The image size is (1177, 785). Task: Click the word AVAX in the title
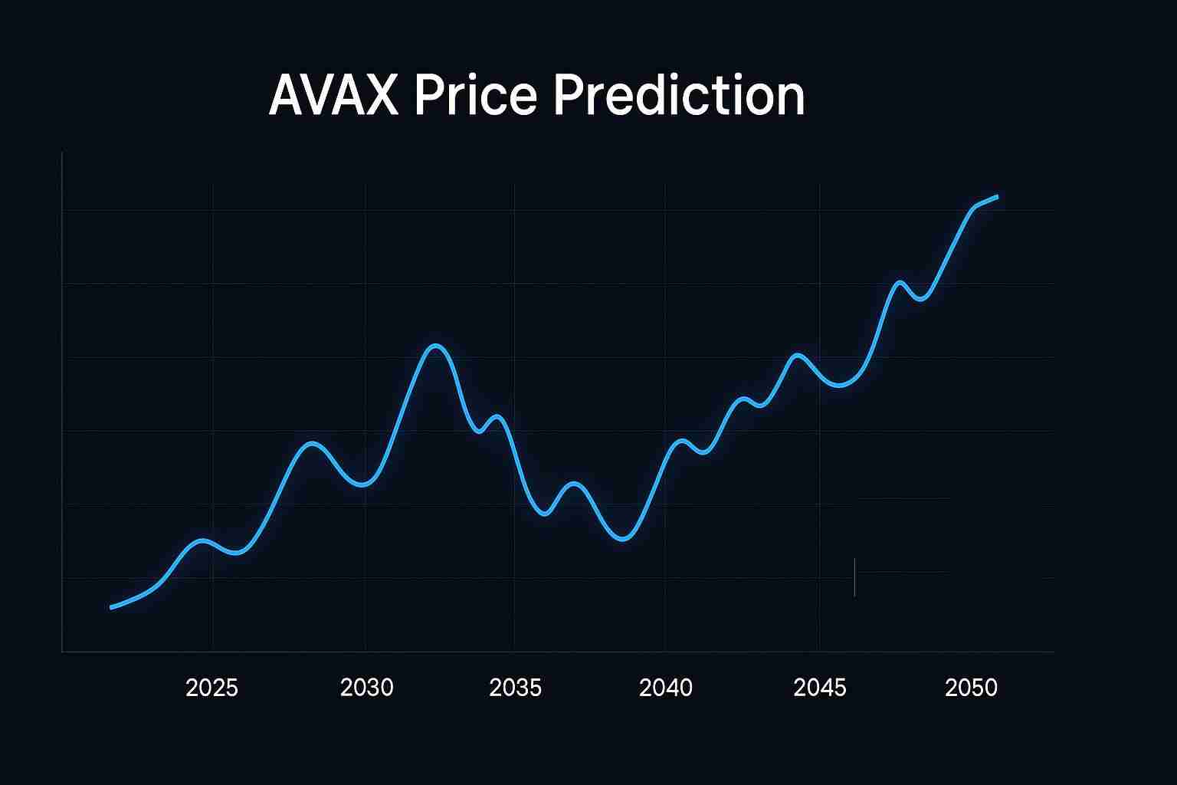[x=333, y=96]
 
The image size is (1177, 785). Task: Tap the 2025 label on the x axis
[x=212, y=688]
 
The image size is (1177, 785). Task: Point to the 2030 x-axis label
[x=366, y=688]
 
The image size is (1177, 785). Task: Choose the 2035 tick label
[x=515, y=688]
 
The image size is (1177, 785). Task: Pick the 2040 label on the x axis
[x=665, y=688]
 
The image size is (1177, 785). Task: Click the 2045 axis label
[x=820, y=688]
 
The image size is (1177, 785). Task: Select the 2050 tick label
[x=971, y=688]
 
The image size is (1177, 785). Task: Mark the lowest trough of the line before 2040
[x=624, y=539]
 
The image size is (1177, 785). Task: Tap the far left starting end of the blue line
[x=112, y=608]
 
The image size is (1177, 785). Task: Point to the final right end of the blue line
[x=997, y=196]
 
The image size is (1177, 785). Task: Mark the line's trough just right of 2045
[x=840, y=386]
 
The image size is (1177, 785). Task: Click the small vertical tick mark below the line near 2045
[x=854, y=577]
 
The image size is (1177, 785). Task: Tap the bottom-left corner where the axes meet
[x=62, y=652]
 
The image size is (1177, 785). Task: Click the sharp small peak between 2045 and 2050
[x=900, y=283]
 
